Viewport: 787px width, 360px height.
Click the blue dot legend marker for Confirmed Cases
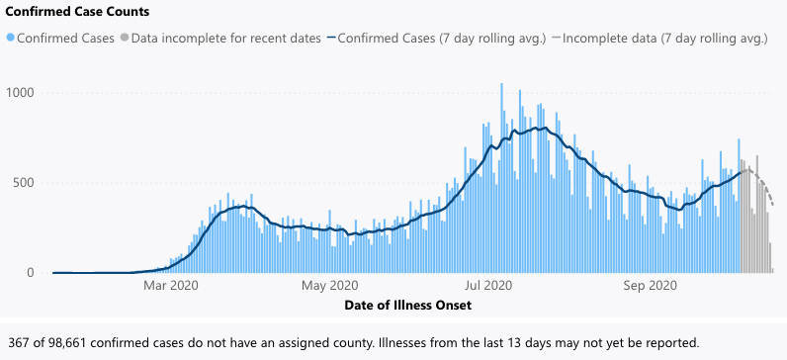point(11,40)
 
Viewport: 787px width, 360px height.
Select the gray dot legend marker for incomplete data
point(124,40)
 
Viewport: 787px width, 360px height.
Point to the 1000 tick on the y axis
point(22,93)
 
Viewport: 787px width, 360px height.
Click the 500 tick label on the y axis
point(25,183)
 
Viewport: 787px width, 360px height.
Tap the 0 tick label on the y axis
point(32,273)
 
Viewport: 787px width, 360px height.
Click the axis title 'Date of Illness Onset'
point(407,306)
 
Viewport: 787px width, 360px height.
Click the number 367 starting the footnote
point(19,343)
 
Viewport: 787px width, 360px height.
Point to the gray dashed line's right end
point(773,206)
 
